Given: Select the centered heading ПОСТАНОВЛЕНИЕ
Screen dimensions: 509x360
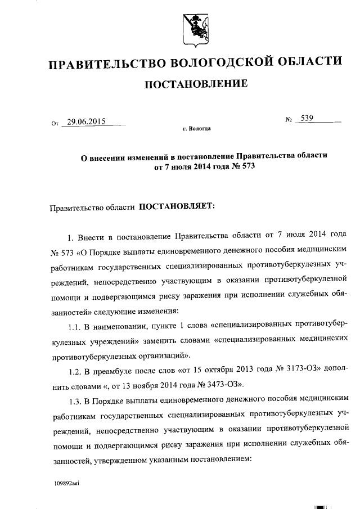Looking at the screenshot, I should point(196,85).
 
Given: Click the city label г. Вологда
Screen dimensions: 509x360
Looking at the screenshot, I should point(196,129).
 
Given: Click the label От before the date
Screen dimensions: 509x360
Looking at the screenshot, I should point(55,122).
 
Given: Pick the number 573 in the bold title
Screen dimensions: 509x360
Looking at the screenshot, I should point(240,167).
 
